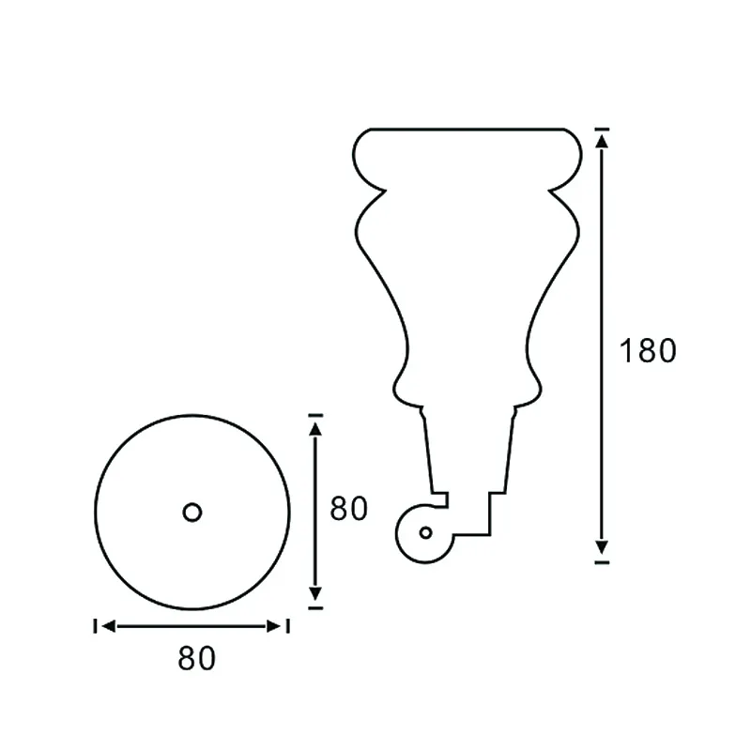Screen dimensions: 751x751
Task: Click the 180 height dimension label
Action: pyautogui.click(x=648, y=350)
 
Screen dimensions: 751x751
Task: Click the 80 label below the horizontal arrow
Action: pyautogui.click(x=196, y=659)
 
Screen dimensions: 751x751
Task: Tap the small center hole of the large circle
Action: pyautogui.click(x=192, y=512)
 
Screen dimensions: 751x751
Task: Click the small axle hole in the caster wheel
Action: pyautogui.click(x=425, y=532)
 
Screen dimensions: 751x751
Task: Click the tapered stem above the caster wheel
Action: pyautogui.click(x=469, y=451)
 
